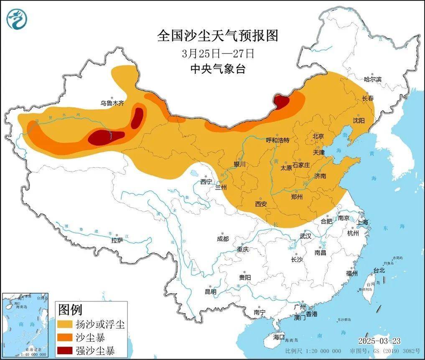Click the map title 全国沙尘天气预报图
pos(217,36)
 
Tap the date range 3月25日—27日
pos(218,53)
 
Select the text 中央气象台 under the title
pos(218,69)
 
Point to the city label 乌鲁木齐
pos(112,103)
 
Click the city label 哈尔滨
pos(373,79)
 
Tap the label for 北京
pos(318,136)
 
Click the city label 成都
pos(223,238)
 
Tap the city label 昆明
pos(210,292)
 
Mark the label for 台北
pos(379,270)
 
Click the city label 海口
pos(279,337)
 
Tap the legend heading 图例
pos(70,309)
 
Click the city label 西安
pos(261,203)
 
